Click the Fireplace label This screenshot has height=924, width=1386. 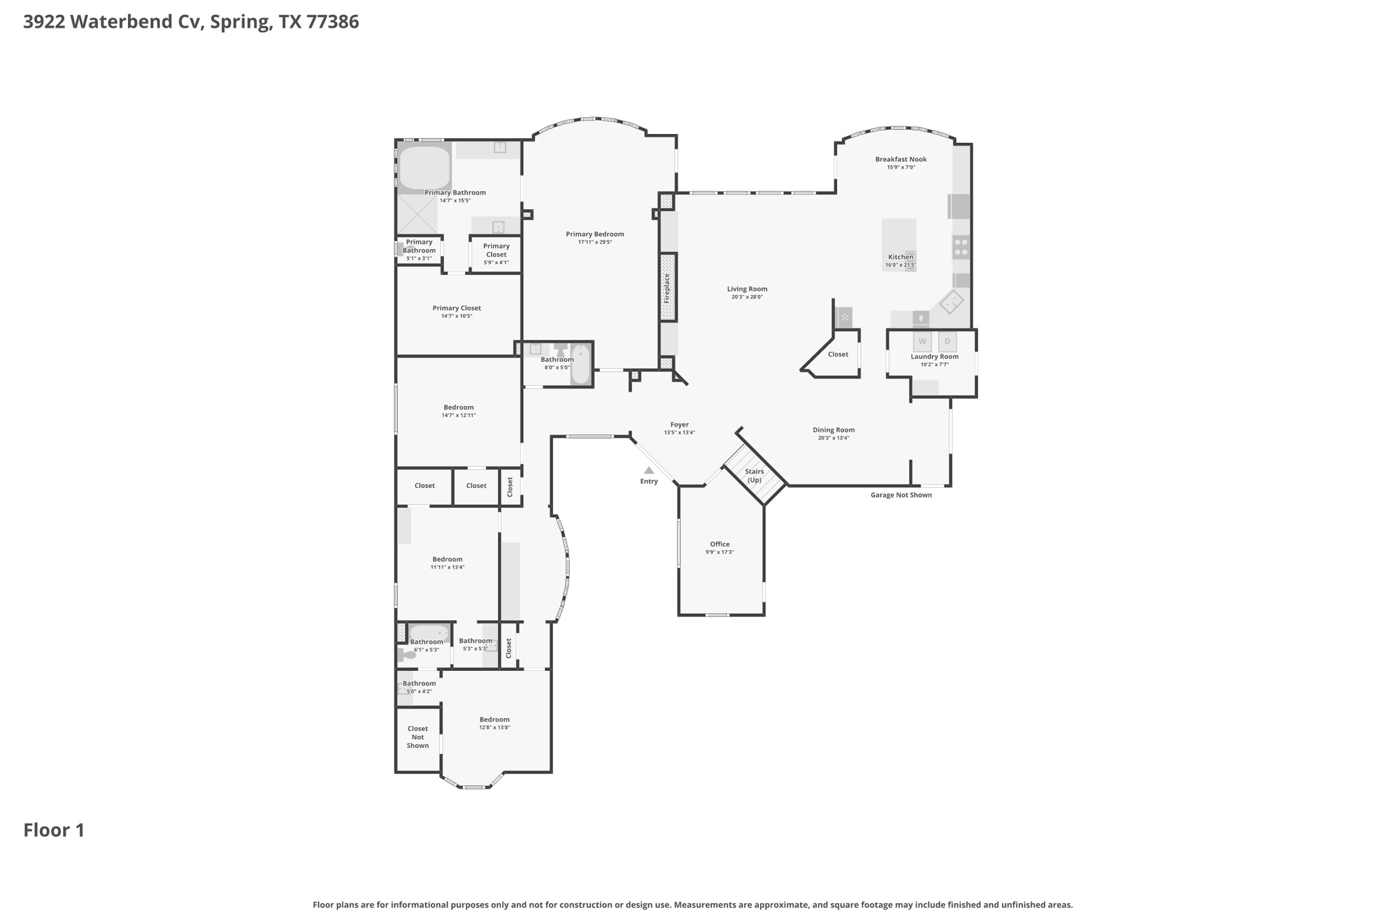pyautogui.click(x=667, y=288)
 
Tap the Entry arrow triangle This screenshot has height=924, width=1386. pyautogui.click(x=649, y=470)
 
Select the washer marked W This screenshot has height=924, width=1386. pyautogui.click(x=922, y=341)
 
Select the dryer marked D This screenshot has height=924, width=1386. pyautogui.click(x=947, y=341)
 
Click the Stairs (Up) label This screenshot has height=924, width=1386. pyautogui.click(x=754, y=475)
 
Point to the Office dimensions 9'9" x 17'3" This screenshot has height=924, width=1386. pyautogui.click(x=719, y=552)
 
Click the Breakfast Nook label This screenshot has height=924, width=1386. pyautogui.click(x=901, y=159)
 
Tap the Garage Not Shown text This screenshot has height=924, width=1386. pyautogui.click(x=901, y=495)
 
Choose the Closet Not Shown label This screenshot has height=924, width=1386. pyautogui.click(x=418, y=737)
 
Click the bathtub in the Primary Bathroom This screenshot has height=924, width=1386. pyautogui.click(x=424, y=168)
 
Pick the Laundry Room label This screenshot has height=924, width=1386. pyautogui.click(x=934, y=357)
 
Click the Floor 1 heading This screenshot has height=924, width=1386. pyautogui.click(x=54, y=831)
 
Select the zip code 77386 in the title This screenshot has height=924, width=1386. pyautogui.click(x=332, y=22)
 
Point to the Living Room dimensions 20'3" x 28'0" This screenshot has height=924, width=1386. pyautogui.click(x=747, y=297)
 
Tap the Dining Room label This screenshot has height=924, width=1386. pyautogui.click(x=833, y=430)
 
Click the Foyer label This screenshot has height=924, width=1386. pyautogui.click(x=679, y=424)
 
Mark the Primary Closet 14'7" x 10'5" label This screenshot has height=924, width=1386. pyautogui.click(x=457, y=308)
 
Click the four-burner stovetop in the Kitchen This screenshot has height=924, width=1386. pyautogui.click(x=960, y=247)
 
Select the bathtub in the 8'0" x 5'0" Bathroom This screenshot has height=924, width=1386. pyautogui.click(x=581, y=364)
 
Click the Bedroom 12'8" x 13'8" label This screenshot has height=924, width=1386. pyautogui.click(x=494, y=720)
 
